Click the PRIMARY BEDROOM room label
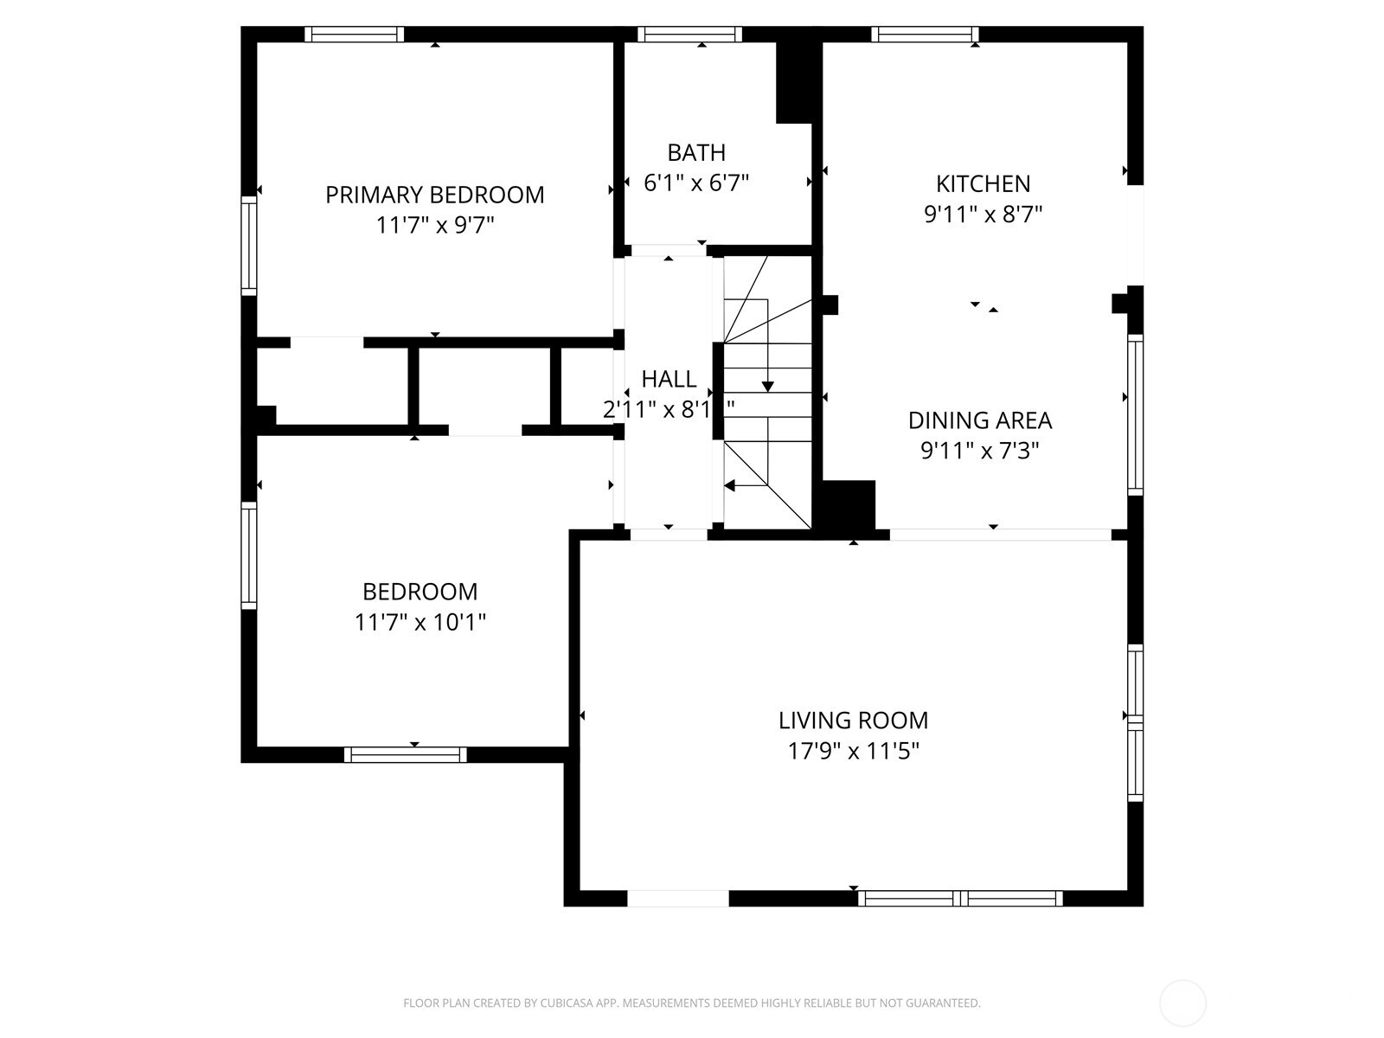(434, 195)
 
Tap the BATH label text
(696, 152)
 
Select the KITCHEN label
(983, 184)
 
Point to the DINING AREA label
(980, 420)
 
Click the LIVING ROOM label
(853, 721)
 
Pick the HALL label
(669, 379)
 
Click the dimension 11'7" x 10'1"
(420, 623)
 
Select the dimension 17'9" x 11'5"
(853, 751)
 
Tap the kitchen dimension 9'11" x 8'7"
(983, 215)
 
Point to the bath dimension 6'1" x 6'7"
(696, 183)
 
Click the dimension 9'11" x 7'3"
(980, 452)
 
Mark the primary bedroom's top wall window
(355, 34)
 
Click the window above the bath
(689, 34)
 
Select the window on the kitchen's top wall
(925, 34)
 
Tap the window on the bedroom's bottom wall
(406, 754)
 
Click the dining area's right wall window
(1135, 414)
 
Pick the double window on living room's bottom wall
(960, 898)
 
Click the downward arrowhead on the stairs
(767, 387)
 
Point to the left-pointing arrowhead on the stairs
(730, 485)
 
